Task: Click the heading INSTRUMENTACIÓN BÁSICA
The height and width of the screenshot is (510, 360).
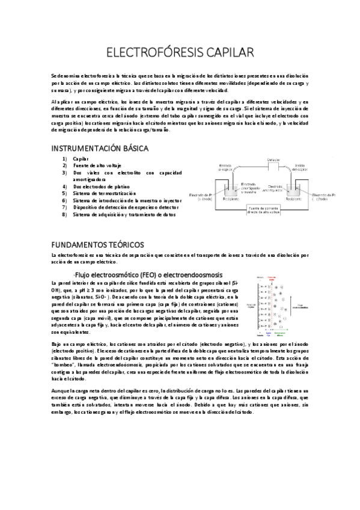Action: pos(100,148)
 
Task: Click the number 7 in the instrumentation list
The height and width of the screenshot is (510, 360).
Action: pos(64,207)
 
